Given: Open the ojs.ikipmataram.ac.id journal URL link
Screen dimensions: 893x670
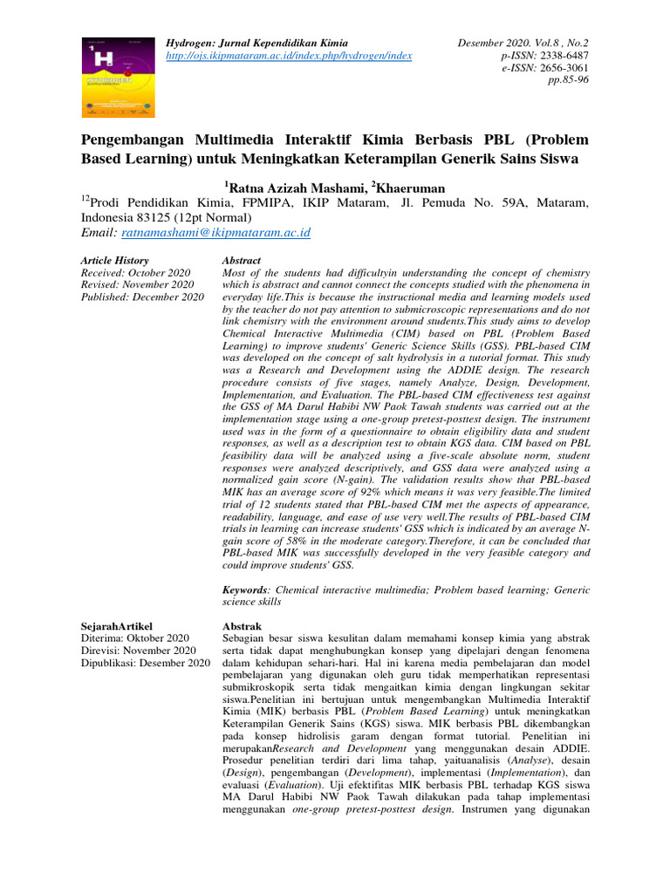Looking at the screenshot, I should click(x=289, y=56).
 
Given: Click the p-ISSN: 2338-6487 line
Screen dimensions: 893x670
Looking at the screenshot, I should click(x=546, y=55).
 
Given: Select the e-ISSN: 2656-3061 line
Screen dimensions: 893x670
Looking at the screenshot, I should click(x=547, y=67).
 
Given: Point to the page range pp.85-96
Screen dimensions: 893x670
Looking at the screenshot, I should click(x=567, y=79).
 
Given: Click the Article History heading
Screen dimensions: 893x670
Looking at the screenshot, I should click(x=114, y=261).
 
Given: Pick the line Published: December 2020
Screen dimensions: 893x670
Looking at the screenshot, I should click(x=142, y=297).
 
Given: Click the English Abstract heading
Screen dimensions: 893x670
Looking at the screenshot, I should click(x=242, y=261).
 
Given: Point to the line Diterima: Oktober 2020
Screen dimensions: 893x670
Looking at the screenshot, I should click(x=134, y=638).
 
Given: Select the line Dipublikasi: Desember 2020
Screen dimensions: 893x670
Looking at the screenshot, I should click(x=145, y=663).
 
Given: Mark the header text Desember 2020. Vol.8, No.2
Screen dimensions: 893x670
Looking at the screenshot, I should click(x=523, y=43).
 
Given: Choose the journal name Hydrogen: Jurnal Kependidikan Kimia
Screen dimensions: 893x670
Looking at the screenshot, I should click(x=257, y=43).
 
